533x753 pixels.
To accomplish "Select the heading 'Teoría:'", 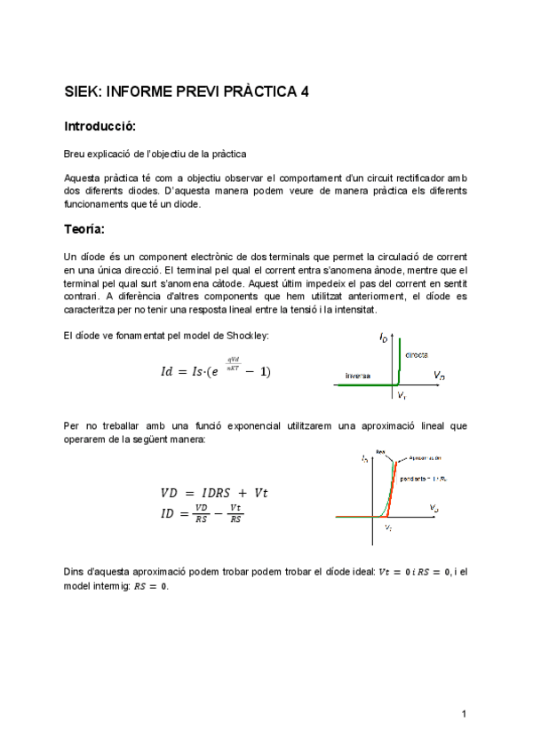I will (x=84, y=229).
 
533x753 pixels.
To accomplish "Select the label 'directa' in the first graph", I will (x=417, y=354).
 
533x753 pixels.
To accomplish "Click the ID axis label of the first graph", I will (x=382, y=338).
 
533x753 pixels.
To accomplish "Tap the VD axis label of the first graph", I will (x=439, y=376).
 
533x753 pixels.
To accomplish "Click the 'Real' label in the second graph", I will (x=379, y=450).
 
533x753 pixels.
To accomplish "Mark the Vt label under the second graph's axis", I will (x=389, y=527).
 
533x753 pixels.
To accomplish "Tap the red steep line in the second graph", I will (x=391, y=488).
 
